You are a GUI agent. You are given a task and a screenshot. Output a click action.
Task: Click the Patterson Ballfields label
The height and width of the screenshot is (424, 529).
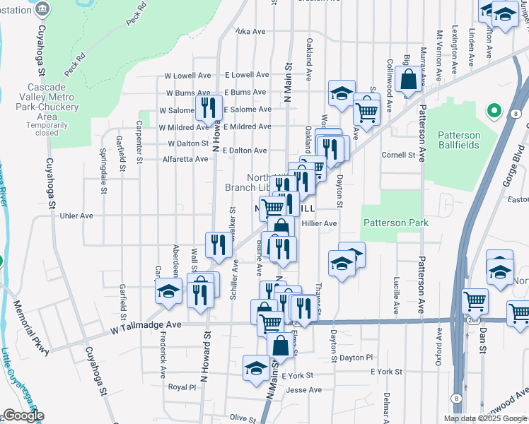click(x=458, y=140)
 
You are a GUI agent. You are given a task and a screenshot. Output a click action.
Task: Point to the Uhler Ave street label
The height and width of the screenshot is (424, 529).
click(x=77, y=216)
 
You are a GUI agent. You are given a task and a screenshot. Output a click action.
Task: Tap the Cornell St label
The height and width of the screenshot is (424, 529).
click(x=397, y=155)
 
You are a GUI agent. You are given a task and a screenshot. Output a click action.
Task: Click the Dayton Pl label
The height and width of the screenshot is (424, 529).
click(x=355, y=358)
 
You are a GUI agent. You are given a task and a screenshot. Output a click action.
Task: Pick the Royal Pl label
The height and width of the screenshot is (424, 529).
click(x=182, y=387)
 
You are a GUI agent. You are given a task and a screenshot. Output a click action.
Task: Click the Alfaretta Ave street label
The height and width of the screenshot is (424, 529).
click(x=186, y=159)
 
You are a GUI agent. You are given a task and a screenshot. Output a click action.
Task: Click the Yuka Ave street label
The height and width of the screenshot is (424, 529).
click(x=250, y=32)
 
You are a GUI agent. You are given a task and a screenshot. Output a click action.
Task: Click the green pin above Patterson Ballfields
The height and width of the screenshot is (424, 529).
click(x=494, y=112)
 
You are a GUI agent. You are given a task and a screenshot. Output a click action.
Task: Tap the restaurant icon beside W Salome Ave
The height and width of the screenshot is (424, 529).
click(x=207, y=107)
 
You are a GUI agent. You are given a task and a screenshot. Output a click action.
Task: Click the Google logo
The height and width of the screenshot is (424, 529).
click(x=23, y=416)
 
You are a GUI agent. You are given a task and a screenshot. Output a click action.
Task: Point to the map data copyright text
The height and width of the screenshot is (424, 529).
click(x=486, y=418)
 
